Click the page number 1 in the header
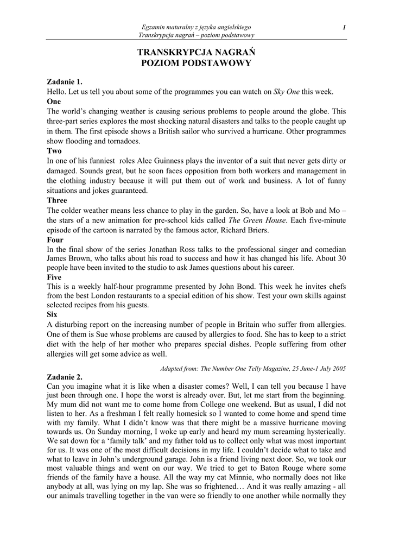pos(344,27)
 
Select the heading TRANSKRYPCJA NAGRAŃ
pos(196,52)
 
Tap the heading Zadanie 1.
pos(65,82)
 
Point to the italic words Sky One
pos(287,92)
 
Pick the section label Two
pos(54,150)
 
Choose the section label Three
pos(57,200)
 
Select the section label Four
pos(55,239)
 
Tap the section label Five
pos(54,277)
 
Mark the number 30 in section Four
pos(341,258)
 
